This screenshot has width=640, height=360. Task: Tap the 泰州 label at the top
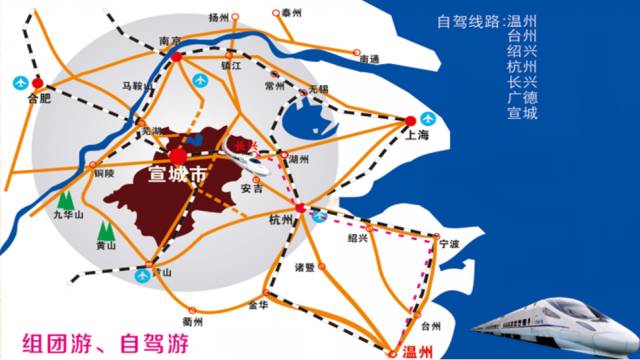click(292, 13)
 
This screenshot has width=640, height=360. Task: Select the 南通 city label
click(370, 59)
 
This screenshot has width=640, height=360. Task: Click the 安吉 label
click(252, 188)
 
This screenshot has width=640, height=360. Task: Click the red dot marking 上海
click(410, 121)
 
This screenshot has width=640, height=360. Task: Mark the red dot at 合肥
click(37, 82)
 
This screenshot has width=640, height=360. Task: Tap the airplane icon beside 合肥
click(18, 81)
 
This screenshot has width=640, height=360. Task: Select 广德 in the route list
click(522, 97)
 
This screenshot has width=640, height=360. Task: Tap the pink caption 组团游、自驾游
click(101, 341)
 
